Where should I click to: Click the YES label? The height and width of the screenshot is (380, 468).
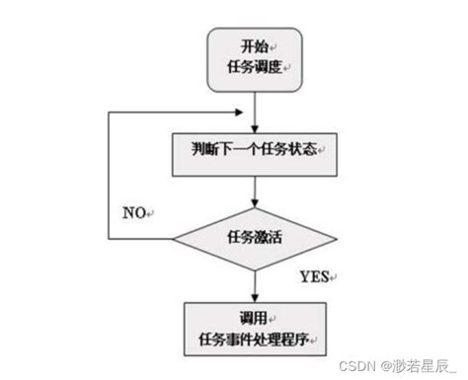click(312, 273)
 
